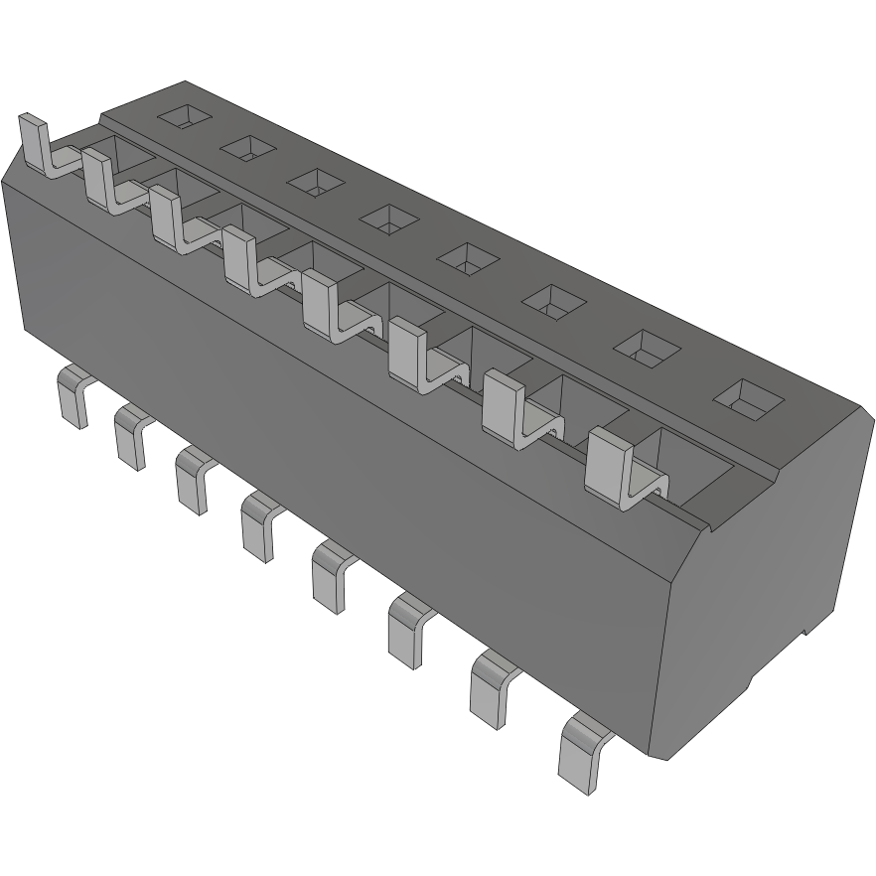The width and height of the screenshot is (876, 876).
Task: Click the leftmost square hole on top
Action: pyautogui.click(x=186, y=117)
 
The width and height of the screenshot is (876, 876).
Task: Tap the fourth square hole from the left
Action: pyautogui.click(x=388, y=218)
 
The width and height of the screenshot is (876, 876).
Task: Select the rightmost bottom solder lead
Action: pyautogui.click(x=582, y=749)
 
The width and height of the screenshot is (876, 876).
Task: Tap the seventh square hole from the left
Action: pyautogui.click(x=645, y=345)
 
